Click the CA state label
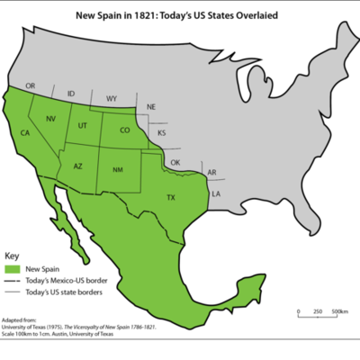tap(25, 133)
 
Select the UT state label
tap(82, 125)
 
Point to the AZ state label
tap(77, 166)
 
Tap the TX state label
tap(170, 197)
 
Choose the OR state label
tap(31, 86)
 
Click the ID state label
tap(71, 93)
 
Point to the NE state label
tap(151, 107)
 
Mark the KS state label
tap(162, 133)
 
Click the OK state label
tap(175, 163)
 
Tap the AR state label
tap(211, 172)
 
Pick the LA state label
tap(216, 193)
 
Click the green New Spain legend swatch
tap(13, 268)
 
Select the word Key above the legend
tap(12, 256)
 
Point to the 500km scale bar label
tap(340, 311)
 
